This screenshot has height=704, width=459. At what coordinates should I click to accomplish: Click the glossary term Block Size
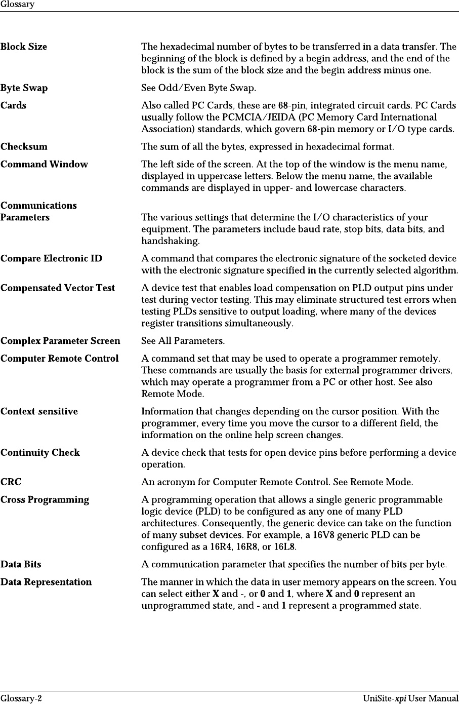click(x=24, y=47)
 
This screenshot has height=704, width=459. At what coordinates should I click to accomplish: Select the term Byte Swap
click(x=24, y=88)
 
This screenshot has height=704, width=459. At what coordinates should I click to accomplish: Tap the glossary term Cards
click(x=14, y=106)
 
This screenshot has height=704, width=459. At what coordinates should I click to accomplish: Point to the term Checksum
click(x=24, y=147)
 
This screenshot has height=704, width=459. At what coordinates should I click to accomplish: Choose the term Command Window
click(x=44, y=165)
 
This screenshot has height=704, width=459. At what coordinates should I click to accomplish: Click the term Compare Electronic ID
click(x=51, y=259)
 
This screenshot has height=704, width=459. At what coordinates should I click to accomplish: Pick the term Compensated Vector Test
click(x=58, y=288)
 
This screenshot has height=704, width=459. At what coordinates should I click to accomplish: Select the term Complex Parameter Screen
click(x=60, y=341)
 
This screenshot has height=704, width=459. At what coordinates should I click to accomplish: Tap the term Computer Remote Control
click(x=60, y=359)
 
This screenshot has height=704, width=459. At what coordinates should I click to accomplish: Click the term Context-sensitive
click(x=39, y=412)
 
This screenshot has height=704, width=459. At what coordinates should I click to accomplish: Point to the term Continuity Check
click(x=40, y=453)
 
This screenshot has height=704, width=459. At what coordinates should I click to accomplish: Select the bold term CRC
click(x=11, y=482)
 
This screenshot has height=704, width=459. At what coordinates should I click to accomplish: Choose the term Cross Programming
click(x=45, y=500)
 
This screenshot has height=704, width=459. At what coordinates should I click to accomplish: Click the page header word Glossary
click(x=17, y=5)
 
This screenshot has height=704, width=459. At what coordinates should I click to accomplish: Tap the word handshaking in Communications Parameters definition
click(x=170, y=241)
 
